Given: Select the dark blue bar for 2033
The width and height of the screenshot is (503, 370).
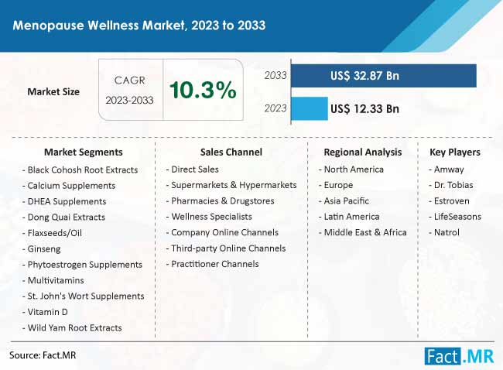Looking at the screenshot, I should click(384, 76).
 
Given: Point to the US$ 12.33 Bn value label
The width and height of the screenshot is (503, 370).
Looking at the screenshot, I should click(364, 108).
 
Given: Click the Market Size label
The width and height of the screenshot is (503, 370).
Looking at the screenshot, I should click(53, 91).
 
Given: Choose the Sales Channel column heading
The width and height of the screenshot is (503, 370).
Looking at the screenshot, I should click(231, 152).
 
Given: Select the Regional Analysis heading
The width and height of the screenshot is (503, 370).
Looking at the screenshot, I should click(362, 152).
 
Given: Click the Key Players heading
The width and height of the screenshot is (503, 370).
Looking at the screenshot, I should click(454, 152).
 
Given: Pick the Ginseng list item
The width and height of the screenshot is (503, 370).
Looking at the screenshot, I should click(46, 248).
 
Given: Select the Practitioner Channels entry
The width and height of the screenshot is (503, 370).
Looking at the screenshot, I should click(214, 264).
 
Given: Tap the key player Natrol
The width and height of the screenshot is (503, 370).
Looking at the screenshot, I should click(446, 232).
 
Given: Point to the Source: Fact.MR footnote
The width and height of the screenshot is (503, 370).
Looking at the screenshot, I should click(43, 355).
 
